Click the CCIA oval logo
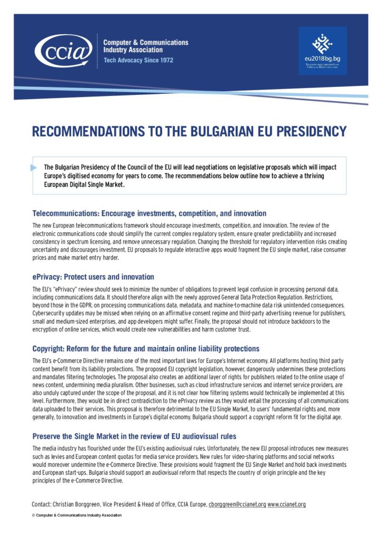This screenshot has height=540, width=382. coord(62,52)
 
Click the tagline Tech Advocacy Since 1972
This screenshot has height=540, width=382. coord(138,61)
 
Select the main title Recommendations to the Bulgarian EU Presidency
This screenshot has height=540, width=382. coord(189,131)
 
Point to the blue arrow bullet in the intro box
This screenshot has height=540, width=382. coord(34,168)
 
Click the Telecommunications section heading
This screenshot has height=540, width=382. coord(149,214)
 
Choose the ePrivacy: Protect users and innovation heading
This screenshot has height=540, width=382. coord(93,277)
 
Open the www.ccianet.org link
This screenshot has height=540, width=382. coord(286,505)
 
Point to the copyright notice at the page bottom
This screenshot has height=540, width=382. coord(77,515)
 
